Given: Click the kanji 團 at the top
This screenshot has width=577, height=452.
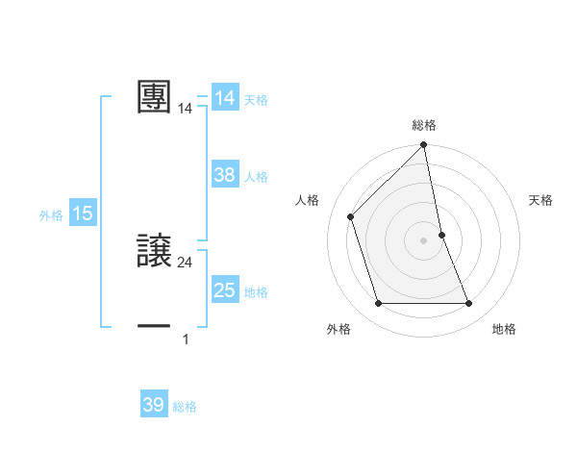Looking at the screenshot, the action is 154,97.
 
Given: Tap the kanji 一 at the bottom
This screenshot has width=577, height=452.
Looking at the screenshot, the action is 154,327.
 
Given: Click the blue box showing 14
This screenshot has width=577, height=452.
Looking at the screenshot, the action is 224,98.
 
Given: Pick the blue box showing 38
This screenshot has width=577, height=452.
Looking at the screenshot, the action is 224,175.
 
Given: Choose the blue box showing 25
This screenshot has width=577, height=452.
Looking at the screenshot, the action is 224,290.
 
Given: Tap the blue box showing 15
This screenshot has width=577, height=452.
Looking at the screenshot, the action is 83,213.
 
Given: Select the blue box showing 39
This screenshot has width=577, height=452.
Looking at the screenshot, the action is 154,405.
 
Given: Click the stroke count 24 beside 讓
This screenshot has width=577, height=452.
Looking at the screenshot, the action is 185,263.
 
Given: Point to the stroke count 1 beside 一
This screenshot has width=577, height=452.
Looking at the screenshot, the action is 185,339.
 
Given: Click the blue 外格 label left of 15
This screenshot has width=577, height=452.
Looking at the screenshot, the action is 51,215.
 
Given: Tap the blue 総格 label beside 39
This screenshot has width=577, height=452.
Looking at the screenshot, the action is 185,407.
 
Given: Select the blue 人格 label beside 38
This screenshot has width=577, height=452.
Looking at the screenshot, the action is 256,177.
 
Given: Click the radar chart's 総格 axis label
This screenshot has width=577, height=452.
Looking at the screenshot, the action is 424,126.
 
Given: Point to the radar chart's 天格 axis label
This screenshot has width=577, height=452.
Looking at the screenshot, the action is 541,200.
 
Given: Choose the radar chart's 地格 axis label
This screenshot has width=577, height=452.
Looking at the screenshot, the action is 504,329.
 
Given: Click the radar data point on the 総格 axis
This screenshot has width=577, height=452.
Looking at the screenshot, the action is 424,145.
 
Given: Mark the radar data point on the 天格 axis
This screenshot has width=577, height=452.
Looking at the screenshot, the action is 442,234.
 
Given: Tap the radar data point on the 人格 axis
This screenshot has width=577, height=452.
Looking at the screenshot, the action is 351,216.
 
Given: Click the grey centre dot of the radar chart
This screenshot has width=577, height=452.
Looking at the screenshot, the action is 424,239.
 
